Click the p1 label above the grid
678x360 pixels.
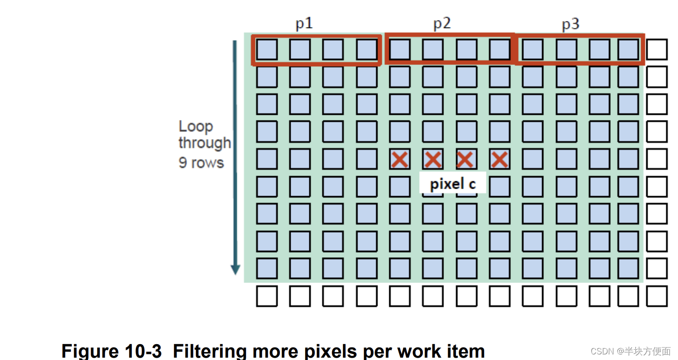click(304, 24)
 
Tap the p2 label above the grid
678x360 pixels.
click(442, 24)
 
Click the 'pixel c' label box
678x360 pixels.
click(452, 184)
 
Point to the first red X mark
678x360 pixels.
click(400, 160)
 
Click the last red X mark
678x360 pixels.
click(500, 160)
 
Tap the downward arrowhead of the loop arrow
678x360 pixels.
click(236, 269)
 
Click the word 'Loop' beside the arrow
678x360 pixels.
click(196, 127)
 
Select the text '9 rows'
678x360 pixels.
click(201, 162)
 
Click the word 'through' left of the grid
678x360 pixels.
click(204, 143)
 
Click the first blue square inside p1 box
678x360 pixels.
click(267, 49)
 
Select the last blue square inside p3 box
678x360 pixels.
click(628, 49)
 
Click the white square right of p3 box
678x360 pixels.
click(657, 49)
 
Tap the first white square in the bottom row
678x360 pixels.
click(267, 296)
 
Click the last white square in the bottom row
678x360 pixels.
click(657, 296)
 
